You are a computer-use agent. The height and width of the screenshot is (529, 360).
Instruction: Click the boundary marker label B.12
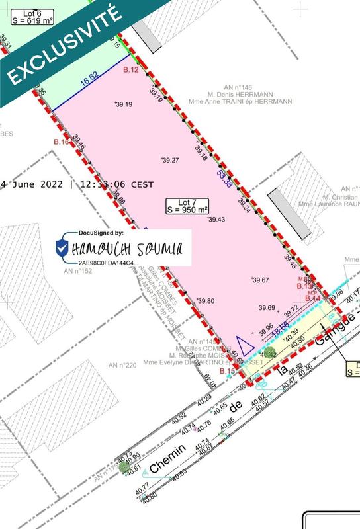130,69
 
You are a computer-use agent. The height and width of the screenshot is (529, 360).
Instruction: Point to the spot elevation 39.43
216,220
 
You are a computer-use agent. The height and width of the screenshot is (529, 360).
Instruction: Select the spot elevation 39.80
206,301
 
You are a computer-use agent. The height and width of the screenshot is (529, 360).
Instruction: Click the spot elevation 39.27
171,160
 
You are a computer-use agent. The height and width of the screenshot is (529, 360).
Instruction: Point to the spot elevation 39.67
260,280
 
